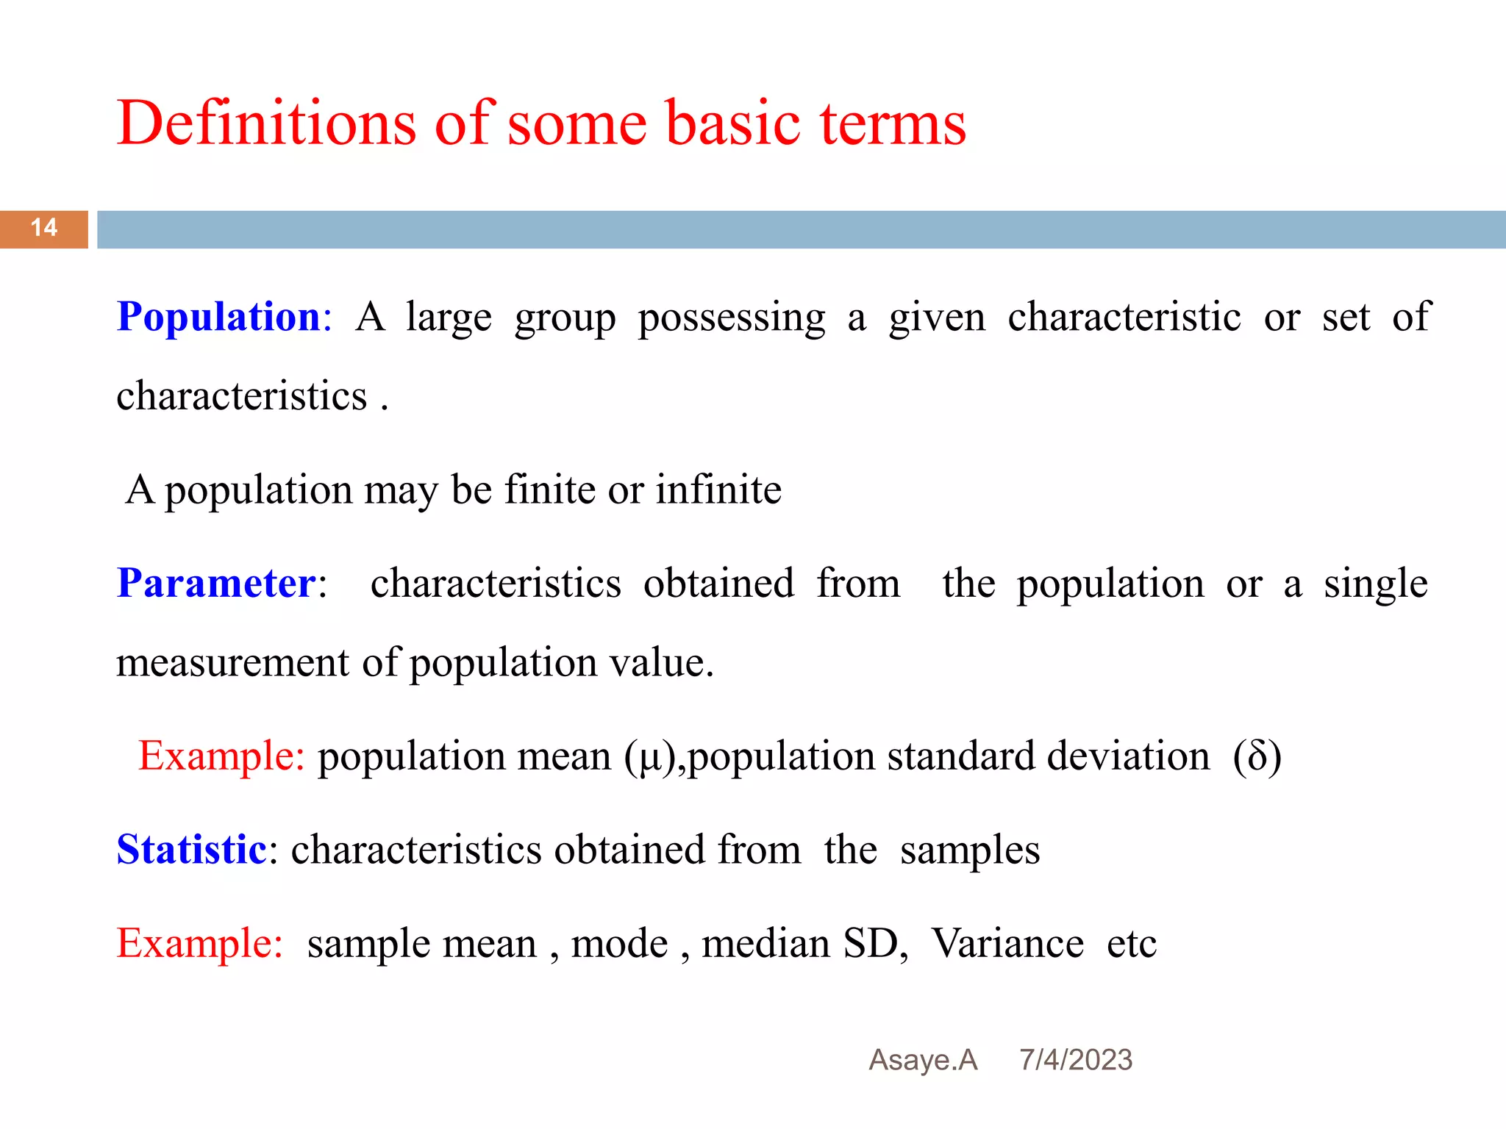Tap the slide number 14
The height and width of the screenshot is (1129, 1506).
[x=44, y=228]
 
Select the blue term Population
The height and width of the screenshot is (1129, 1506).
[x=219, y=318]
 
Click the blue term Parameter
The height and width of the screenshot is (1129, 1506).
[x=216, y=584]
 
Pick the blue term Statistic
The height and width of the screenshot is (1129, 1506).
[x=191, y=850]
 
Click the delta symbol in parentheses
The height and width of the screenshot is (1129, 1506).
[x=1257, y=757]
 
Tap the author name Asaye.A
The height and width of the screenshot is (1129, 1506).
[x=923, y=1060]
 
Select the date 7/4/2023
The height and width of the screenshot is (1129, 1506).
[x=1075, y=1060]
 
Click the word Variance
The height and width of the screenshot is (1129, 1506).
[x=1007, y=944]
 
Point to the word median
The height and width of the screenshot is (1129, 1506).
[x=766, y=944]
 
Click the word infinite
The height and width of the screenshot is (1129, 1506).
[x=718, y=490]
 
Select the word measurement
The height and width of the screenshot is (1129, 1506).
[x=232, y=663]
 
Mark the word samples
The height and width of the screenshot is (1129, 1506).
[x=970, y=851]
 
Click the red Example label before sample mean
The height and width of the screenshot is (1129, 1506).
[x=199, y=944]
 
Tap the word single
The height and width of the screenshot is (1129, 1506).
[x=1375, y=585]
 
